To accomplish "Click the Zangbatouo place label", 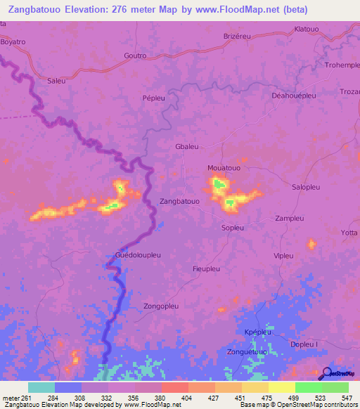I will point(180,201).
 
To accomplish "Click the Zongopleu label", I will point(162,306).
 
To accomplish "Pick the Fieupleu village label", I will point(207,268).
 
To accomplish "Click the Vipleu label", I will point(283,255).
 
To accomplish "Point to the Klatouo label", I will point(307,29).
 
